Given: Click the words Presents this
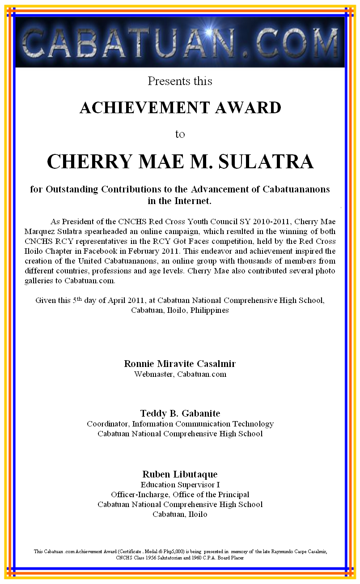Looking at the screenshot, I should coord(180,81).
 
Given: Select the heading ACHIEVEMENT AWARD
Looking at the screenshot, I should coord(180,107).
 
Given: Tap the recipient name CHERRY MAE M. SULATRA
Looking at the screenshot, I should coord(180,161).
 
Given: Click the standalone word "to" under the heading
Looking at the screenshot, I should coord(180,134).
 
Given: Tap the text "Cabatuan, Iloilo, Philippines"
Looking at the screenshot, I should coord(180,310).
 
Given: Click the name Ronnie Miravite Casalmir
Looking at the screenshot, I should coord(180,363).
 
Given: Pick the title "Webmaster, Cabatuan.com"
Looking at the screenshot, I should coord(180,374).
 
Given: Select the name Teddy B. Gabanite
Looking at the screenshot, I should coord(180,413).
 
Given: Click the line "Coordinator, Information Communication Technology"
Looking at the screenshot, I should coord(180,424).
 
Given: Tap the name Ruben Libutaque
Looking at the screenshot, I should coord(180,474).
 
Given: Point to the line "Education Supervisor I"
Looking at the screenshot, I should coord(180,485).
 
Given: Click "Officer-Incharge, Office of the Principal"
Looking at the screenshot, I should coord(180,494).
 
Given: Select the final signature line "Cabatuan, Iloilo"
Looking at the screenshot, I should coord(180,514).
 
